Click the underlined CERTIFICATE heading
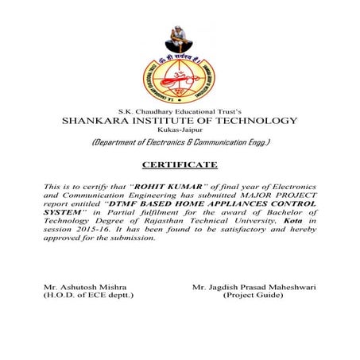(179, 164)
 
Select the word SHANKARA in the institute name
(101, 121)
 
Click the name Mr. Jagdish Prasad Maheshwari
(255, 285)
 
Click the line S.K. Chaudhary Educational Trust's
(180, 110)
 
